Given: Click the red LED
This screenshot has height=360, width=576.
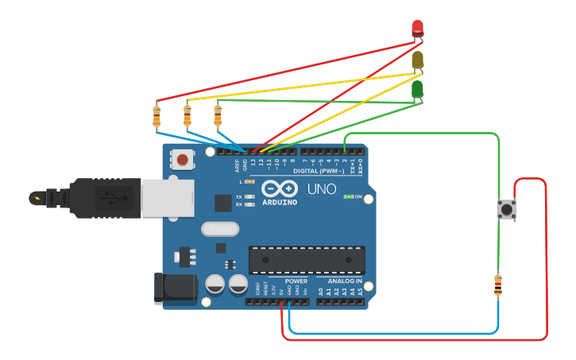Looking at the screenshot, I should [x=418, y=29].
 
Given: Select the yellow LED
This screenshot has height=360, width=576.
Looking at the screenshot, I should [x=418, y=60].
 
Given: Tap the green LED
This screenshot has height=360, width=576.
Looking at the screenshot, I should [x=418, y=89].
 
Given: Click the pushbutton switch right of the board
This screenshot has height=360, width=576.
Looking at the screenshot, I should [x=505, y=209].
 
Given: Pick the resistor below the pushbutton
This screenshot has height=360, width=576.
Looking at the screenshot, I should [x=498, y=285].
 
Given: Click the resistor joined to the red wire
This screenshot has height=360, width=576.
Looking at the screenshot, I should [x=157, y=116].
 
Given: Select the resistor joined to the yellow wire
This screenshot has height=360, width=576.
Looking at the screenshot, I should [x=187, y=115].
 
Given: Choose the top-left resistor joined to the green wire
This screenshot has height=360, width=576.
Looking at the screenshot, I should [x=218, y=115].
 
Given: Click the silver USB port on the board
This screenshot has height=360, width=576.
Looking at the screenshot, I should [x=168, y=197].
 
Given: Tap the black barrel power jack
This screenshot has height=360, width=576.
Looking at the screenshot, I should [x=174, y=288].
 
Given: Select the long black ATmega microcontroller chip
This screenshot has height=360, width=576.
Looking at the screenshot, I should [x=307, y=260].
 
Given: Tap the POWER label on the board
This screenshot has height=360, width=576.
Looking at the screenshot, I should [x=296, y=281].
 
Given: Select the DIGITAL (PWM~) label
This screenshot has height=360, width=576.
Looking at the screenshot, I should [x=319, y=171].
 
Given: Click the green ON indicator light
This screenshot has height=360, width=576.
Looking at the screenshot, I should [x=347, y=196].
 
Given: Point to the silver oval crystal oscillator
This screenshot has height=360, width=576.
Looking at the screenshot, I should [x=220, y=229].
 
